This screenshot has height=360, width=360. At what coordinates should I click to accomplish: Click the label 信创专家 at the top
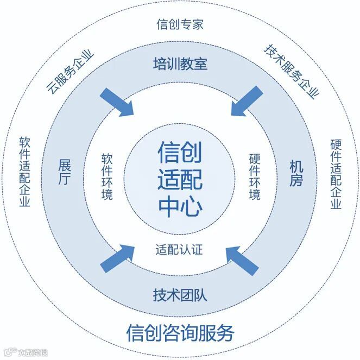(179, 24)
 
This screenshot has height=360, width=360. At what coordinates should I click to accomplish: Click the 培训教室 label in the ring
(180, 65)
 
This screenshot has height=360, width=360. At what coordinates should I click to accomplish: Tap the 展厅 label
(64, 173)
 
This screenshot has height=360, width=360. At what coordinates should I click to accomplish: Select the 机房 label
(296, 173)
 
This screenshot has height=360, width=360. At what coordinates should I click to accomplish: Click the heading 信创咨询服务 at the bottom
(180, 332)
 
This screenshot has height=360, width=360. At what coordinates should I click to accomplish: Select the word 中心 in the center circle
(180, 206)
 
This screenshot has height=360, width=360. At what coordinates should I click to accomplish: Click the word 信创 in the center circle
(180, 153)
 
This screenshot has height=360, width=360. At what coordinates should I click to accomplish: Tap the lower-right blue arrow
(242, 258)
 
